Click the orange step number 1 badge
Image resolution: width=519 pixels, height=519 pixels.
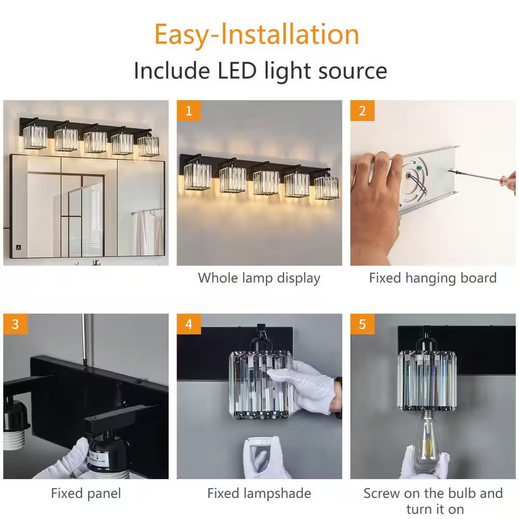coord(189,111)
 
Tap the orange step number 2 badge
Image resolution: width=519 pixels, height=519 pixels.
coord(362,111)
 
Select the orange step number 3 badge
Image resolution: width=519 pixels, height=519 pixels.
coord(15,324)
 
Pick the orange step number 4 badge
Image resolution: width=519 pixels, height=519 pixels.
coord(189,324)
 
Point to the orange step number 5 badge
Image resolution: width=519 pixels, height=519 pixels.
coord(362,324)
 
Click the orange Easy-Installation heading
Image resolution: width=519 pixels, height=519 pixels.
coord(257,35)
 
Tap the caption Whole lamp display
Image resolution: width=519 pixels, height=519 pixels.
coord(259,278)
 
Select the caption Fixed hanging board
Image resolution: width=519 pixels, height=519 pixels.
coord(433,278)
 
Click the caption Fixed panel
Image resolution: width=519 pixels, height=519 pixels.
coord(86,494)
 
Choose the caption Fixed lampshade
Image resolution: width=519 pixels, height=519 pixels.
coord(259,494)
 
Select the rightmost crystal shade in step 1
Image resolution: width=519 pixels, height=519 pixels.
coord(326,188)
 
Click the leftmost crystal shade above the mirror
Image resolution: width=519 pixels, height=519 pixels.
coord(35,137)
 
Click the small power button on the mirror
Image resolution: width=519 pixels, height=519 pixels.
coord(19,247)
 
